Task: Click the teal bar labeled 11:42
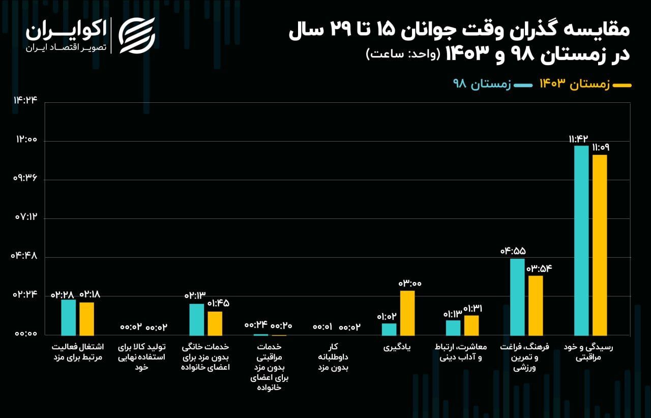581,240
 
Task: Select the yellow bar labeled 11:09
600,245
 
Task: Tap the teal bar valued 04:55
517,297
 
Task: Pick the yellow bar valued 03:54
536,305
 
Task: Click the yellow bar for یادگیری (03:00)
407,313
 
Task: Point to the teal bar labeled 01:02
389,329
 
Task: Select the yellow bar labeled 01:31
471,325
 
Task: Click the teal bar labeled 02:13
197,319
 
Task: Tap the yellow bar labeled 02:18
87,318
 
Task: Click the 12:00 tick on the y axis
26,141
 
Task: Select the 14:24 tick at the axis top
26,100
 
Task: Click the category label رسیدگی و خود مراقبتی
588,352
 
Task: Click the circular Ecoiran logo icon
137,35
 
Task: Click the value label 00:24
255,325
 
